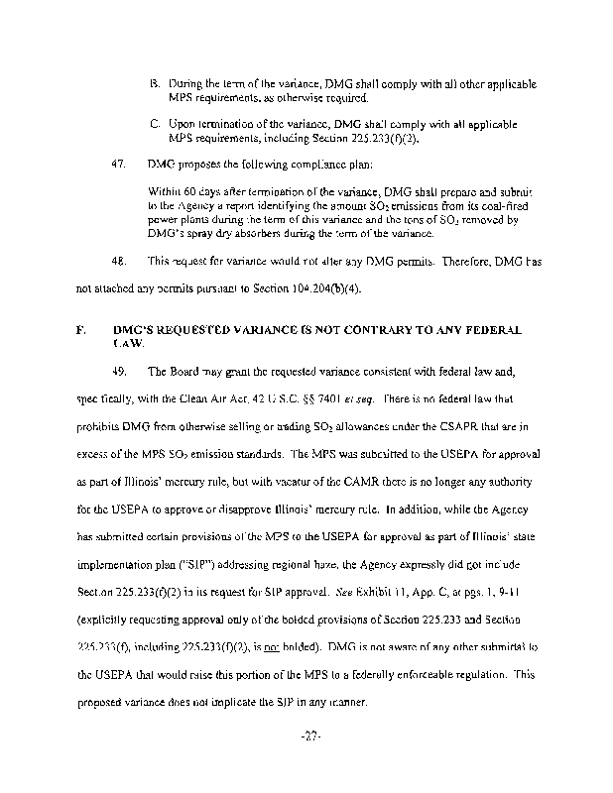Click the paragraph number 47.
tap(117, 162)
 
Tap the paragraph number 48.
tap(117, 263)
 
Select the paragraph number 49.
tap(117, 372)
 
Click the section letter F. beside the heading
tap(78, 328)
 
